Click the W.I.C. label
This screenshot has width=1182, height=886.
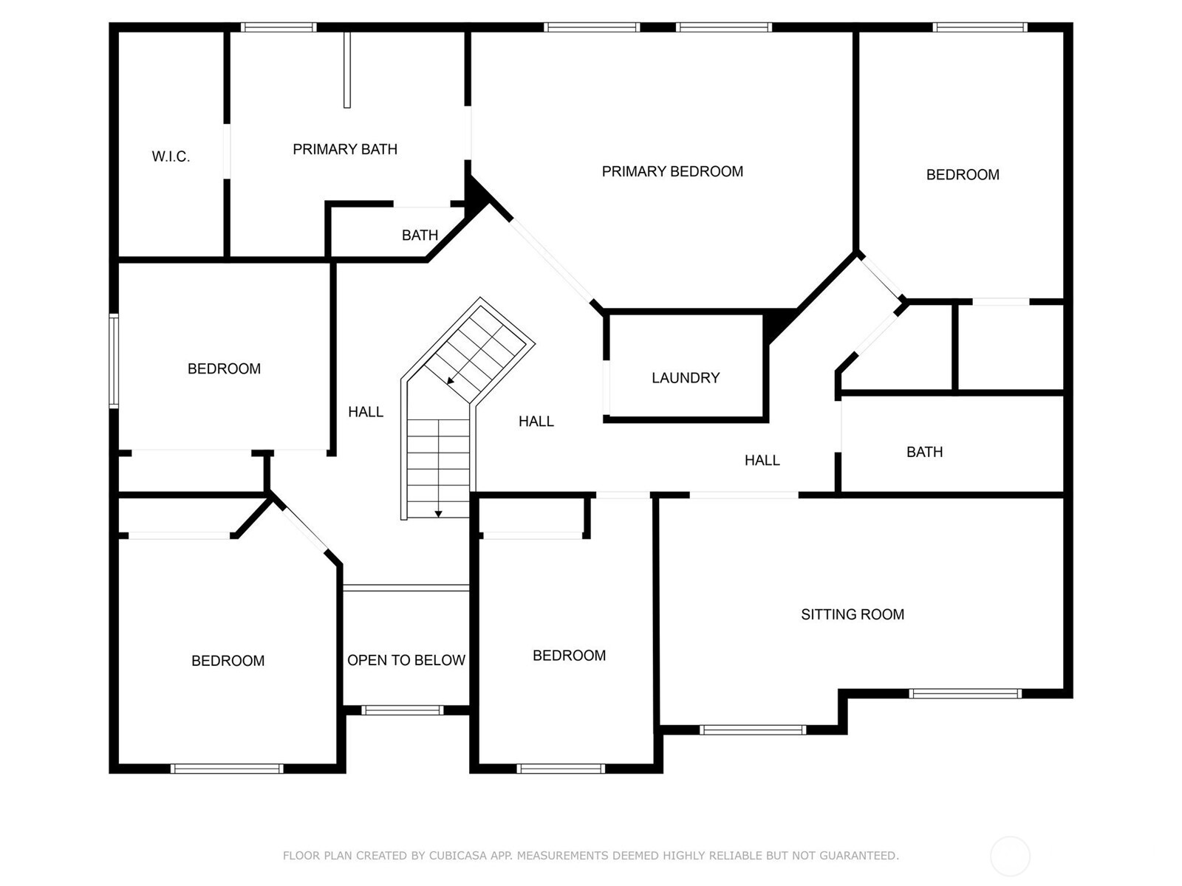(171, 157)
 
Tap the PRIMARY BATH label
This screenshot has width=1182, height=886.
(345, 149)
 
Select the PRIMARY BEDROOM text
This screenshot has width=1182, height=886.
(672, 171)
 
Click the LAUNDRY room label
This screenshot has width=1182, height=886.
(686, 377)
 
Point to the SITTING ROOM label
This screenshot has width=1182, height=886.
(853, 614)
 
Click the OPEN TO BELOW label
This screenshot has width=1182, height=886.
(406, 660)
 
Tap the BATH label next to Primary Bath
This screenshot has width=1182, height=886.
(420, 235)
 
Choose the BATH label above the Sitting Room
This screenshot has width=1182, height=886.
(925, 452)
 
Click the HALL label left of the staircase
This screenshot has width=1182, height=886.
(366, 412)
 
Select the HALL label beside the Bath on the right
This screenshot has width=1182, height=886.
(762, 461)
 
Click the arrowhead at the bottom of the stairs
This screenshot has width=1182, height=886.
(438, 515)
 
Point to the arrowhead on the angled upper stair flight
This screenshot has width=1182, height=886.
(450, 381)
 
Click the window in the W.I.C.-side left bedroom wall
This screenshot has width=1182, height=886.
(114, 361)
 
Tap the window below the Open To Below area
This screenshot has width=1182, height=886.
(403, 710)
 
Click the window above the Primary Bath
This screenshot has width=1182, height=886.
(279, 27)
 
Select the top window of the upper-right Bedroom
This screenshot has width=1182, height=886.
(980, 27)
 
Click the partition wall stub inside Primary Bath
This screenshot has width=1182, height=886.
(347, 70)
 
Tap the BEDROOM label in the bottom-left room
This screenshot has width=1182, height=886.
(228, 661)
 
